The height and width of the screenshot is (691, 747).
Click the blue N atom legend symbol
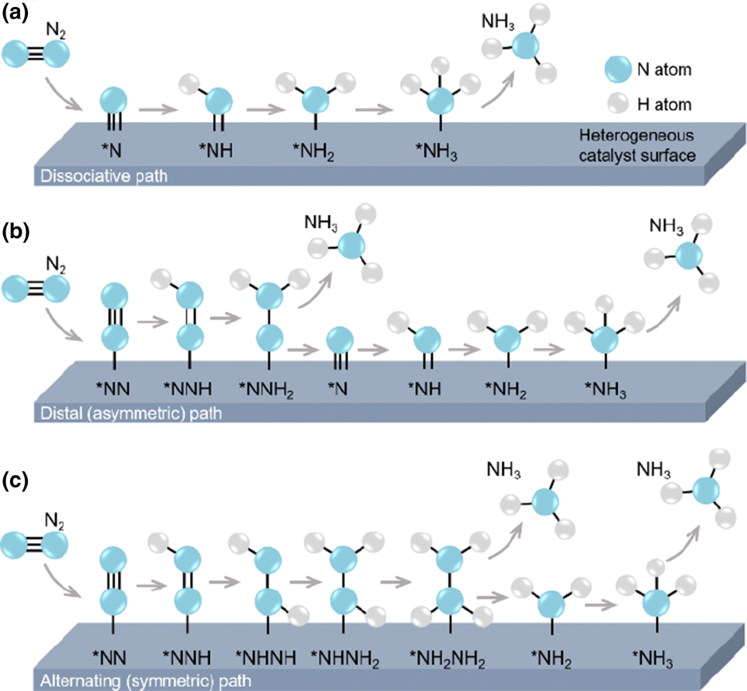[618, 69]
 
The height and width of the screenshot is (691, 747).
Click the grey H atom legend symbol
[618, 104]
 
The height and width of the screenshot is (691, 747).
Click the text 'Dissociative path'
[104, 176]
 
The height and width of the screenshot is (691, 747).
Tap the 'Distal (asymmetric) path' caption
[131, 412]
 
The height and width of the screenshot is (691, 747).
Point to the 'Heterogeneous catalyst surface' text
[637, 145]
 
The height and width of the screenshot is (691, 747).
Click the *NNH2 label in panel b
[266, 390]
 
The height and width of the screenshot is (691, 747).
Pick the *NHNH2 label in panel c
[344, 658]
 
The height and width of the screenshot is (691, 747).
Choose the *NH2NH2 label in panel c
[448, 658]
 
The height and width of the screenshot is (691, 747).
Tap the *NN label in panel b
[113, 389]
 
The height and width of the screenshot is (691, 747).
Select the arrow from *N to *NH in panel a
[156, 111]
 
